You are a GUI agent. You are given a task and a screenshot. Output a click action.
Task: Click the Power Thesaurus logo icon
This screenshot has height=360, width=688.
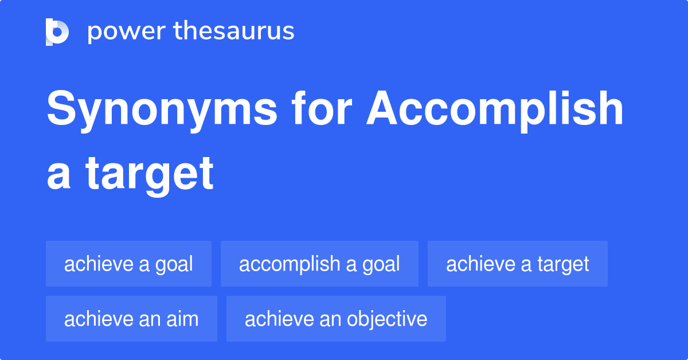click(57, 32)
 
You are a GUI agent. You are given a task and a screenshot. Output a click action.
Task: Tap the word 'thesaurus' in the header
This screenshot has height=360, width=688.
click(233, 31)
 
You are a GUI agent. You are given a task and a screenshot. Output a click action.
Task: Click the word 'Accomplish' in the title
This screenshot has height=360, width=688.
click(495, 110)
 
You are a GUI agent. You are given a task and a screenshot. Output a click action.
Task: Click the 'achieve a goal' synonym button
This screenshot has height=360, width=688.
click(128, 264)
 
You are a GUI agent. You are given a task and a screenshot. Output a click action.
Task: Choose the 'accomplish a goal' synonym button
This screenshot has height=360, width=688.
click(319, 264)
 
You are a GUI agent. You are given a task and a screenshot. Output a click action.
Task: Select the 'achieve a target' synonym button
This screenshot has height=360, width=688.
click(517, 264)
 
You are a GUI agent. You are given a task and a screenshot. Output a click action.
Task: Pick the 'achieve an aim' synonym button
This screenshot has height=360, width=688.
click(131, 319)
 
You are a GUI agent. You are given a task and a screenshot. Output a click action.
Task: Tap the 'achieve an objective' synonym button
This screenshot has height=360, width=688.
click(336, 319)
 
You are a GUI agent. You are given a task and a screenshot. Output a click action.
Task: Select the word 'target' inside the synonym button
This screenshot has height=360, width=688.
click(563, 264)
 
